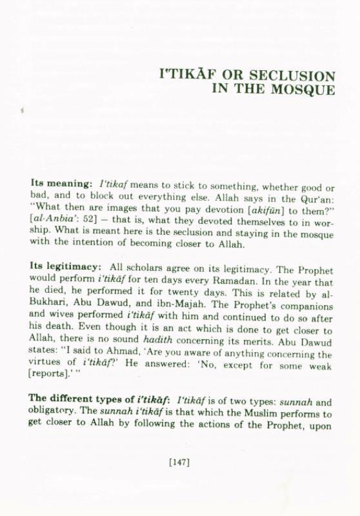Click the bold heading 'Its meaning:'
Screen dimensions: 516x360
coord(58,183)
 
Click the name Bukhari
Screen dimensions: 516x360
coord(51,313)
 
